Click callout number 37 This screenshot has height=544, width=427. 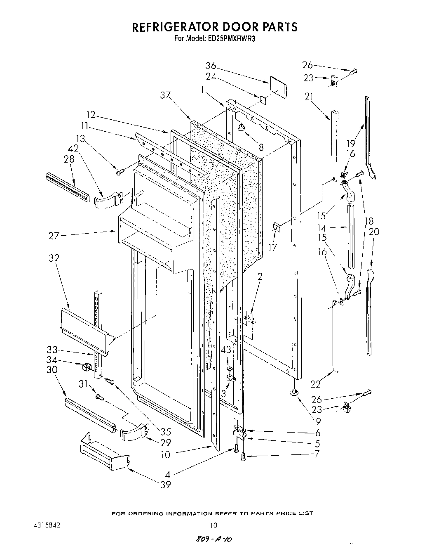166,96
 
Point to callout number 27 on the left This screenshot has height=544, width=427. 54,236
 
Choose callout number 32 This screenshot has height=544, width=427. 54,258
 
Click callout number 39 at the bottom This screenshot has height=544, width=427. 165,485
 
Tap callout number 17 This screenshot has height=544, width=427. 272,247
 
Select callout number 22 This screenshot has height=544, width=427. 315,385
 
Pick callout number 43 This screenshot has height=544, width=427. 226,350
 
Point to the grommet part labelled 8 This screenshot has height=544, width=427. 240,129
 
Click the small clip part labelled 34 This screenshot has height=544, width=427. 87,366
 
